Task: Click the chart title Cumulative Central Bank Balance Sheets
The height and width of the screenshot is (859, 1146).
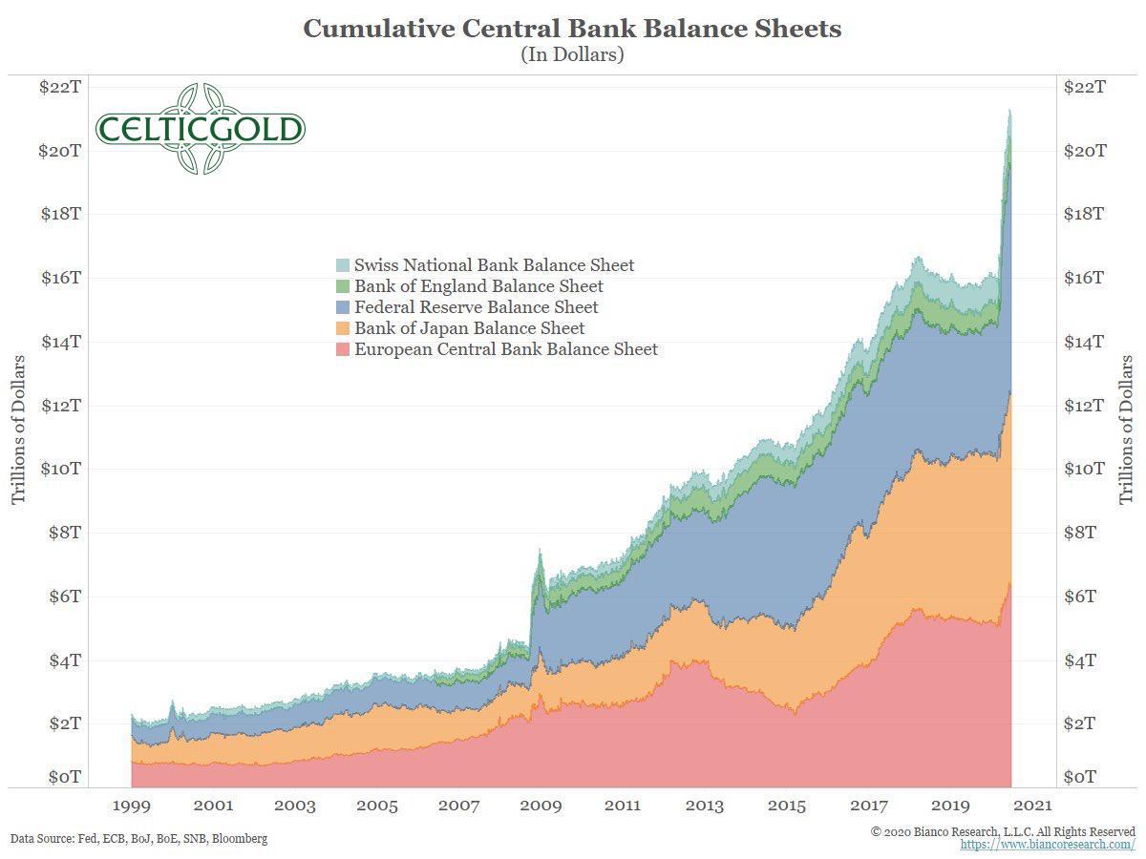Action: tap(572, 29)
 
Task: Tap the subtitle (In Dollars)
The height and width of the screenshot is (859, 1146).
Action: tap(572, 54)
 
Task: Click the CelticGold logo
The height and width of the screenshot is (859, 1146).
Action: tap(200, 129)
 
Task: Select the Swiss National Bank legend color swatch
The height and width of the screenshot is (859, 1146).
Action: tap(343, 265)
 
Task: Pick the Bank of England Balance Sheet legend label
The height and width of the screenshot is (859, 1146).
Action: tap(478, 286)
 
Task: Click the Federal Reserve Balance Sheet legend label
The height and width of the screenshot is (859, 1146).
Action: tap(476, 307)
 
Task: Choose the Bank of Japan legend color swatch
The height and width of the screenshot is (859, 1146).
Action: tap(343, 328)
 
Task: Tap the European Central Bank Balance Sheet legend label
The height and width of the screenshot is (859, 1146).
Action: tap(505, 349)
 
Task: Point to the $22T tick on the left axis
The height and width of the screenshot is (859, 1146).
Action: tap(59, 87)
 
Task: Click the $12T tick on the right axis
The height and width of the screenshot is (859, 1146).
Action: tap(1085, 406)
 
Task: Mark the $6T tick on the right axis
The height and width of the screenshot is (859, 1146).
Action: tap(1084, 597)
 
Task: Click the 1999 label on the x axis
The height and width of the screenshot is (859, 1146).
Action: tap(130, 806)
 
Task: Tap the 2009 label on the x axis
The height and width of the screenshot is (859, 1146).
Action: tap(541, 806)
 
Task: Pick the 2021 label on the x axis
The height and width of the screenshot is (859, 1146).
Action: tap(1032, 806)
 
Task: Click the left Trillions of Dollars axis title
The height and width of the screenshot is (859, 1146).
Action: tap(18, 429)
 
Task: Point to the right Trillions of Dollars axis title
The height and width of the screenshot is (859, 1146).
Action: tap(1127, 429)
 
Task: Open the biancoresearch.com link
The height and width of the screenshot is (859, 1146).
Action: tap(1048, 845)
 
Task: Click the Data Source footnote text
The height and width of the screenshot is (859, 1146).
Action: tap(139, 839)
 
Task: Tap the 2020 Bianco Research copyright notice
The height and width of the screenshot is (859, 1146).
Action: tap(1003, 832)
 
